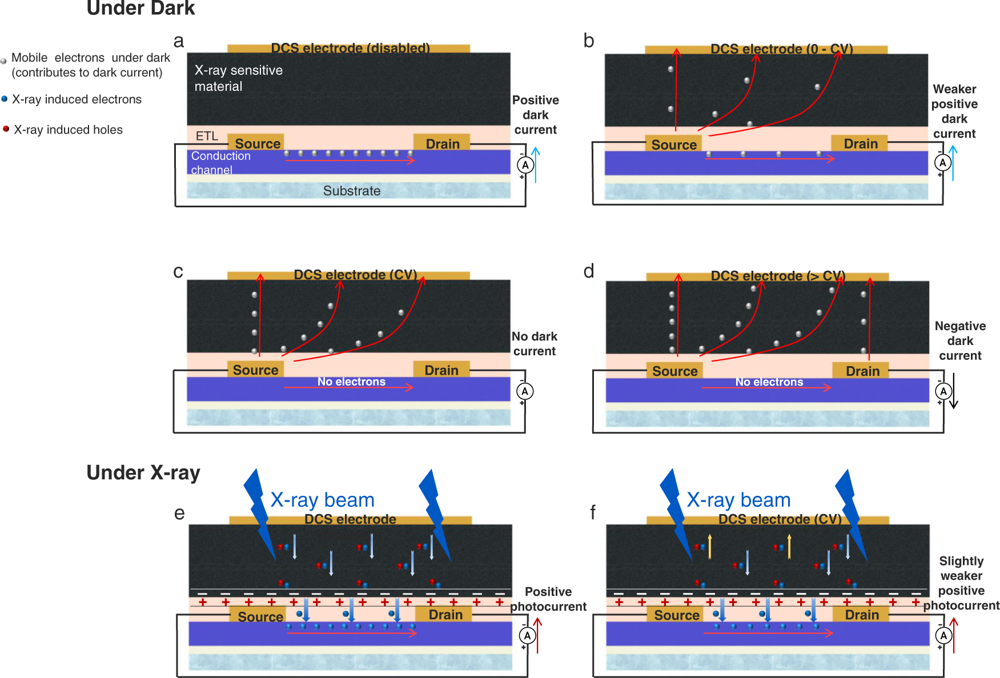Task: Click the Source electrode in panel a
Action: click(x=256, y=143)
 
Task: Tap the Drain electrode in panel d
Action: click(x=861, y=371)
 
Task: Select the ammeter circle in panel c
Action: click(x=525, y=391)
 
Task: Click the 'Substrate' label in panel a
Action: click(x=351, y=191)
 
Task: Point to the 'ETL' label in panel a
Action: click(x=207, y=136)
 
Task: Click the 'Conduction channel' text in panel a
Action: click(x=220, y=162)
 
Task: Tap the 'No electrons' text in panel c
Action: click(x=351, y=382)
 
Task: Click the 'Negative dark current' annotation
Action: click(x=960, y=340)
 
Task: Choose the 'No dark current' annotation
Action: click(x=534, y=343)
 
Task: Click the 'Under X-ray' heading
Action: click(x=143, y=472)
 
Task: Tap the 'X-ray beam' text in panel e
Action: click(x=322, y=500)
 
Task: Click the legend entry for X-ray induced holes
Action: click(x=67, y=130)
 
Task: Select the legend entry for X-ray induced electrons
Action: click(x=76, y=99)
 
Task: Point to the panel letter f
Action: click(x=593, y=512)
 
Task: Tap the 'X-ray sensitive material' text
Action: click(x=238, y=78)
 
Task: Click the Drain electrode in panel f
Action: click(x=861, y=615)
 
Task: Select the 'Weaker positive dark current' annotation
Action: click(x=954, y=111)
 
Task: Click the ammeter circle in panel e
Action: click(x=527, y=635)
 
